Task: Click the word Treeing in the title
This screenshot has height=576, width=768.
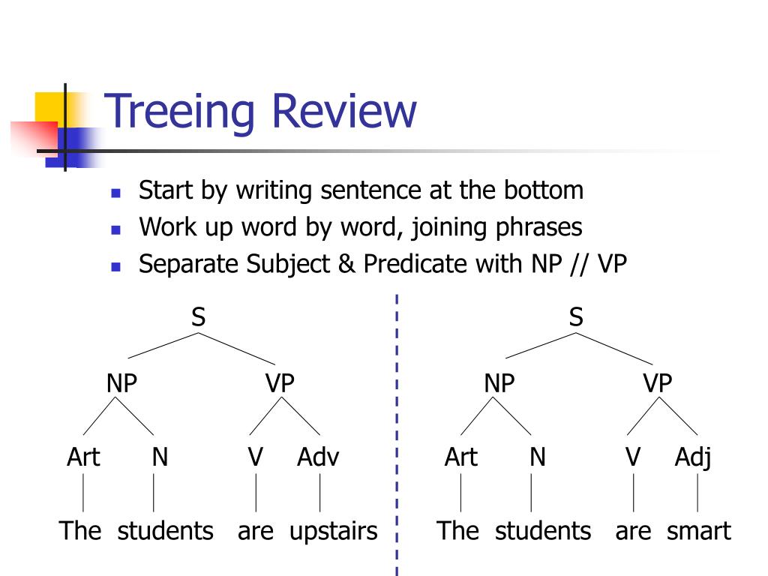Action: [x=181, y=110]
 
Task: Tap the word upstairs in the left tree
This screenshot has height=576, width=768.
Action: [x=333, y=531]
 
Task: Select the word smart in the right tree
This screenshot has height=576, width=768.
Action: [x=698, y=531]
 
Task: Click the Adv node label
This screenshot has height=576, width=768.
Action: [x=318, y=457]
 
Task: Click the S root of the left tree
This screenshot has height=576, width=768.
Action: [x=198, y=317]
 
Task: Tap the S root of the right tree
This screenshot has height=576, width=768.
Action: [x=576, y=317]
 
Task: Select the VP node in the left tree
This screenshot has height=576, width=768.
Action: [x=280, y=383]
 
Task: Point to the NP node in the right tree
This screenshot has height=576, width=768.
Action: [x=499, y=383]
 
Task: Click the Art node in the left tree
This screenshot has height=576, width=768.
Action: [x=83, y=457]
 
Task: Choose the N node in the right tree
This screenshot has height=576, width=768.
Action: [x=537, y=457]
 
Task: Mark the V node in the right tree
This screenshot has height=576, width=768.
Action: [x=633, y=457]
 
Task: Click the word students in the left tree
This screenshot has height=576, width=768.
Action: [x=165, y=531]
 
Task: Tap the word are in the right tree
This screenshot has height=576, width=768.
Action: [x=634, y=531]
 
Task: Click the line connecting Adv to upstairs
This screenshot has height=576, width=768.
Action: [x=320, y=493]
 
